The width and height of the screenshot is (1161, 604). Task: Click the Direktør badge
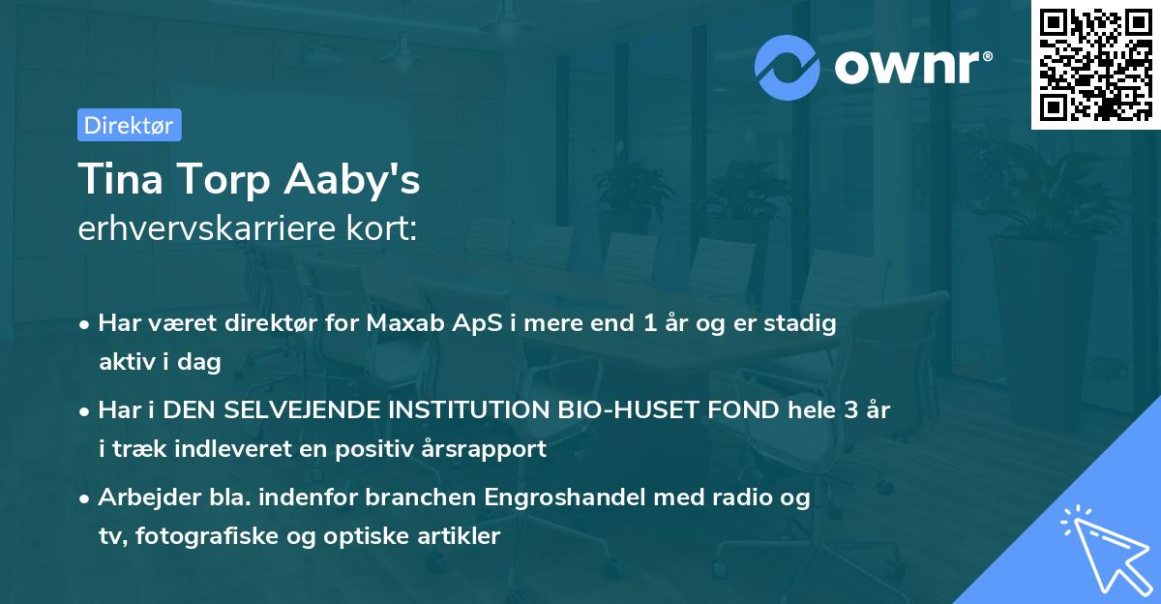point(129,125)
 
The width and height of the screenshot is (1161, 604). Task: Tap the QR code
point(1095,65)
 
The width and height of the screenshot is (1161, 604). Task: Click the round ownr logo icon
point(789,67)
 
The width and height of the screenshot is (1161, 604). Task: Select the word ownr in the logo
point(910,68)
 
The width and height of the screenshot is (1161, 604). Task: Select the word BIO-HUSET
point(627,409)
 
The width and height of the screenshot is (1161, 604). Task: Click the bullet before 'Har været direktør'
point(86,324)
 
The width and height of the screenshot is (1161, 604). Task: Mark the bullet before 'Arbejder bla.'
point(86,498)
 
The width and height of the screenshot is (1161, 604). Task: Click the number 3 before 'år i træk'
point(850,409)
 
